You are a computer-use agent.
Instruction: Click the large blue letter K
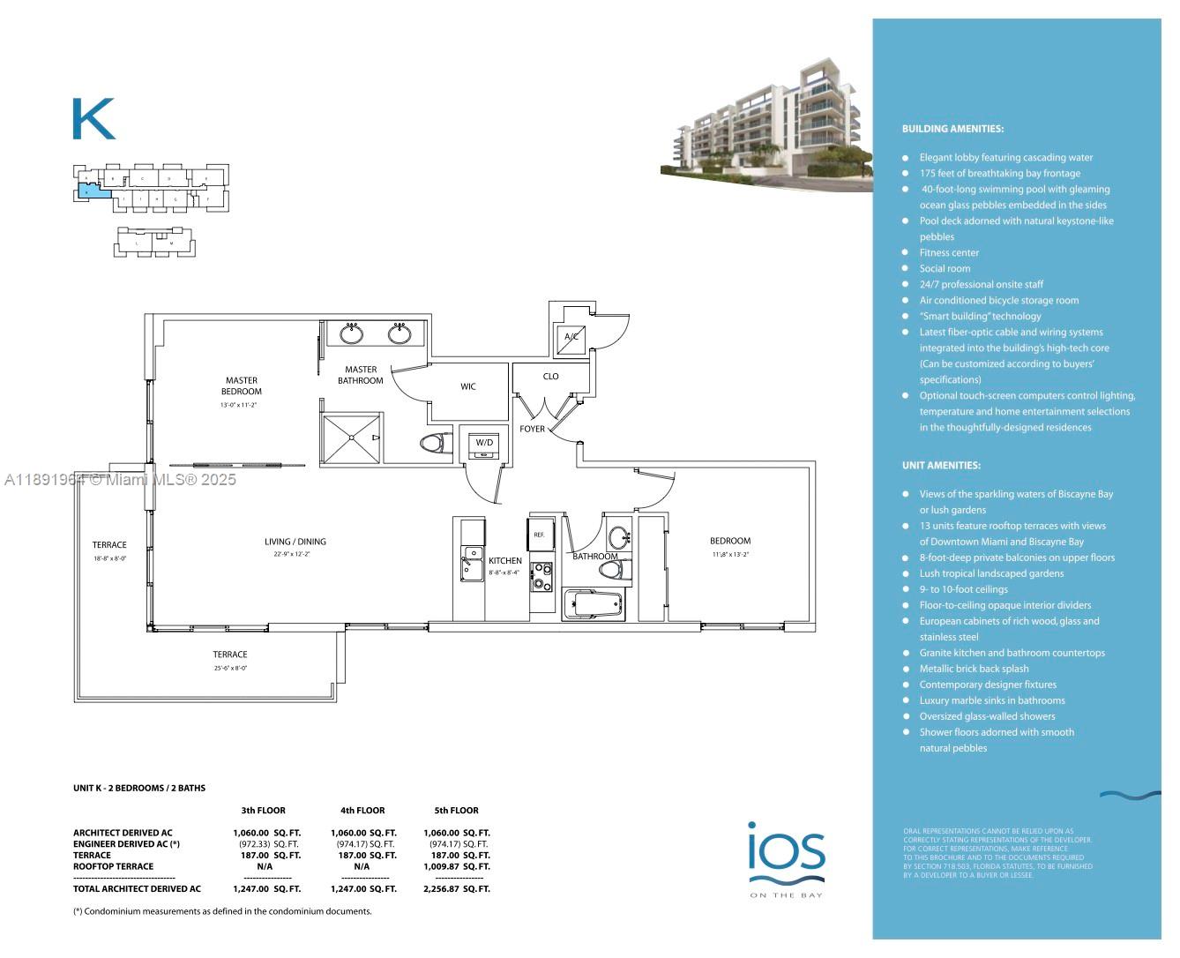(x=93, y=119)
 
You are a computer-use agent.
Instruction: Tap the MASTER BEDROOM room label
(x=241, y=385)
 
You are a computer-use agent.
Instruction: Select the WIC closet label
(x=467, y=386)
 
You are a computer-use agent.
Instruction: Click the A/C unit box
(x=571, y=338)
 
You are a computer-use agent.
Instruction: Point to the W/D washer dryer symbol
(x=484, y=445)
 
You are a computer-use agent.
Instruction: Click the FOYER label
(x=532, y=429)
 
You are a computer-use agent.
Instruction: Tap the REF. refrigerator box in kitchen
(x=539, y=535)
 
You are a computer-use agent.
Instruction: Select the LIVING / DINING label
(x=295, y=542)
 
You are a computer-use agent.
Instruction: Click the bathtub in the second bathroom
(x=594, y=605)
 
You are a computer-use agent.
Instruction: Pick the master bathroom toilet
(x=433, y=443)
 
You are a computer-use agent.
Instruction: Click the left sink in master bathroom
(x=352, y=333)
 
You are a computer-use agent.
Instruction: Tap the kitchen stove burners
(x=541, y=576)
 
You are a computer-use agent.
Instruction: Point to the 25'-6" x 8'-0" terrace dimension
(x=229, y=669)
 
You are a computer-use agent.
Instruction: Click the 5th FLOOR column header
(x=456, y=810)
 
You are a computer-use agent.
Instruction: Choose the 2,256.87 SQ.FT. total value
(x=456, y=889)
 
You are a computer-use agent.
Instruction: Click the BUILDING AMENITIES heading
(x=952, y=129)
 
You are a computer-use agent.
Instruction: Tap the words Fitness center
(x=949, y=252)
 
